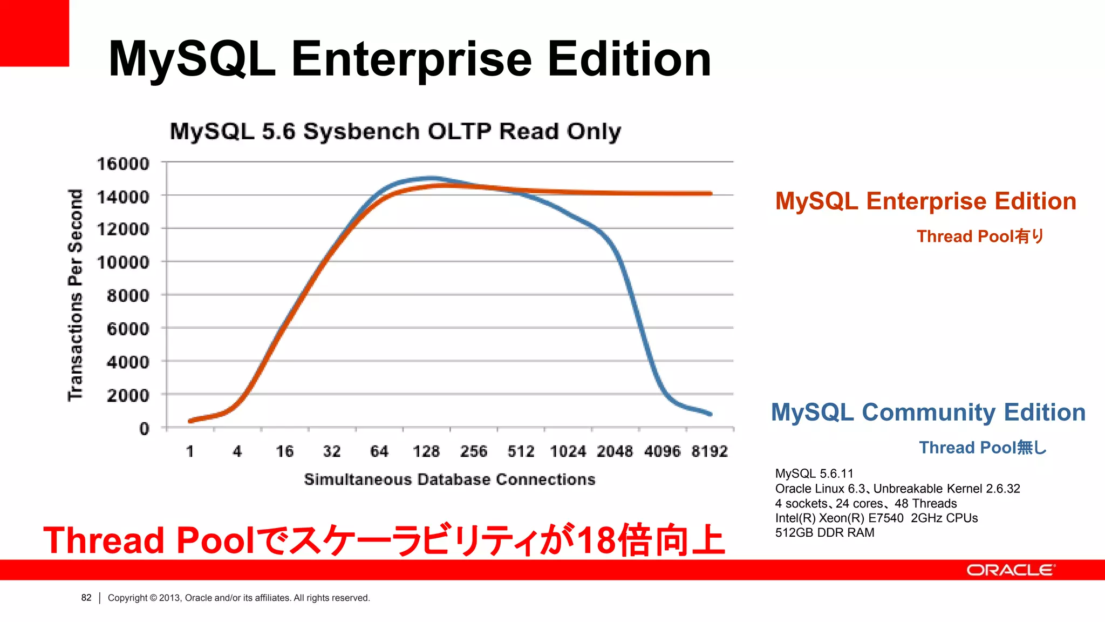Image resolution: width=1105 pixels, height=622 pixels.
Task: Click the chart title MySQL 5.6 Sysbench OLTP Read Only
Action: coord(395,132)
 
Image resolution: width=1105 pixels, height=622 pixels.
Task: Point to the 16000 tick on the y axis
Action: coord(122,164)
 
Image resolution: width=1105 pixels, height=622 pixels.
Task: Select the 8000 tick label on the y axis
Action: coord(127,296)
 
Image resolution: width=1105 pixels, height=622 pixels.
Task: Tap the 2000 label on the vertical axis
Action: coord(127,395)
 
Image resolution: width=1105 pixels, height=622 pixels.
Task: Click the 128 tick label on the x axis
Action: coord(426,451)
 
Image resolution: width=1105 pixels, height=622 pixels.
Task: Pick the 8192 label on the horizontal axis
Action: coord(710,451)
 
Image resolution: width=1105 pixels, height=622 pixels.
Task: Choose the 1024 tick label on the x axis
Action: coord(568,451)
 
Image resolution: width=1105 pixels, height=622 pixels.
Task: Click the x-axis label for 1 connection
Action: coord(190,451)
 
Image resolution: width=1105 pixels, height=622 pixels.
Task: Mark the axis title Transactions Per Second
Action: coord(76,295)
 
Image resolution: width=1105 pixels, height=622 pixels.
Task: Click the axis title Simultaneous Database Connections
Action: coord(449,479)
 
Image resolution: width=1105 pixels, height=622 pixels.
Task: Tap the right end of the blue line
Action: coord(711,414)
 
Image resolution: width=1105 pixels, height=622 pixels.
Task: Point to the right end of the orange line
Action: coord(711,193)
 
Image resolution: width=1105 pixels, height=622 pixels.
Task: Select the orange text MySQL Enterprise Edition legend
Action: coord(925,201)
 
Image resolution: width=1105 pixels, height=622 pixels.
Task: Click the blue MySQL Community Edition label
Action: coord(928,413)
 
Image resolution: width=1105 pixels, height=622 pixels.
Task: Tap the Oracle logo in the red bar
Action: coord(1011,570)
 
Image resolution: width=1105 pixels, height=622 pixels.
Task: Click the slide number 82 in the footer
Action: coord(86,598)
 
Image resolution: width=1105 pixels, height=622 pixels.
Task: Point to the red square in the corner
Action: coord(34,32)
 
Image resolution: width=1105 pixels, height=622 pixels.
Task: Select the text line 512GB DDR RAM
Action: coord(824,533)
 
